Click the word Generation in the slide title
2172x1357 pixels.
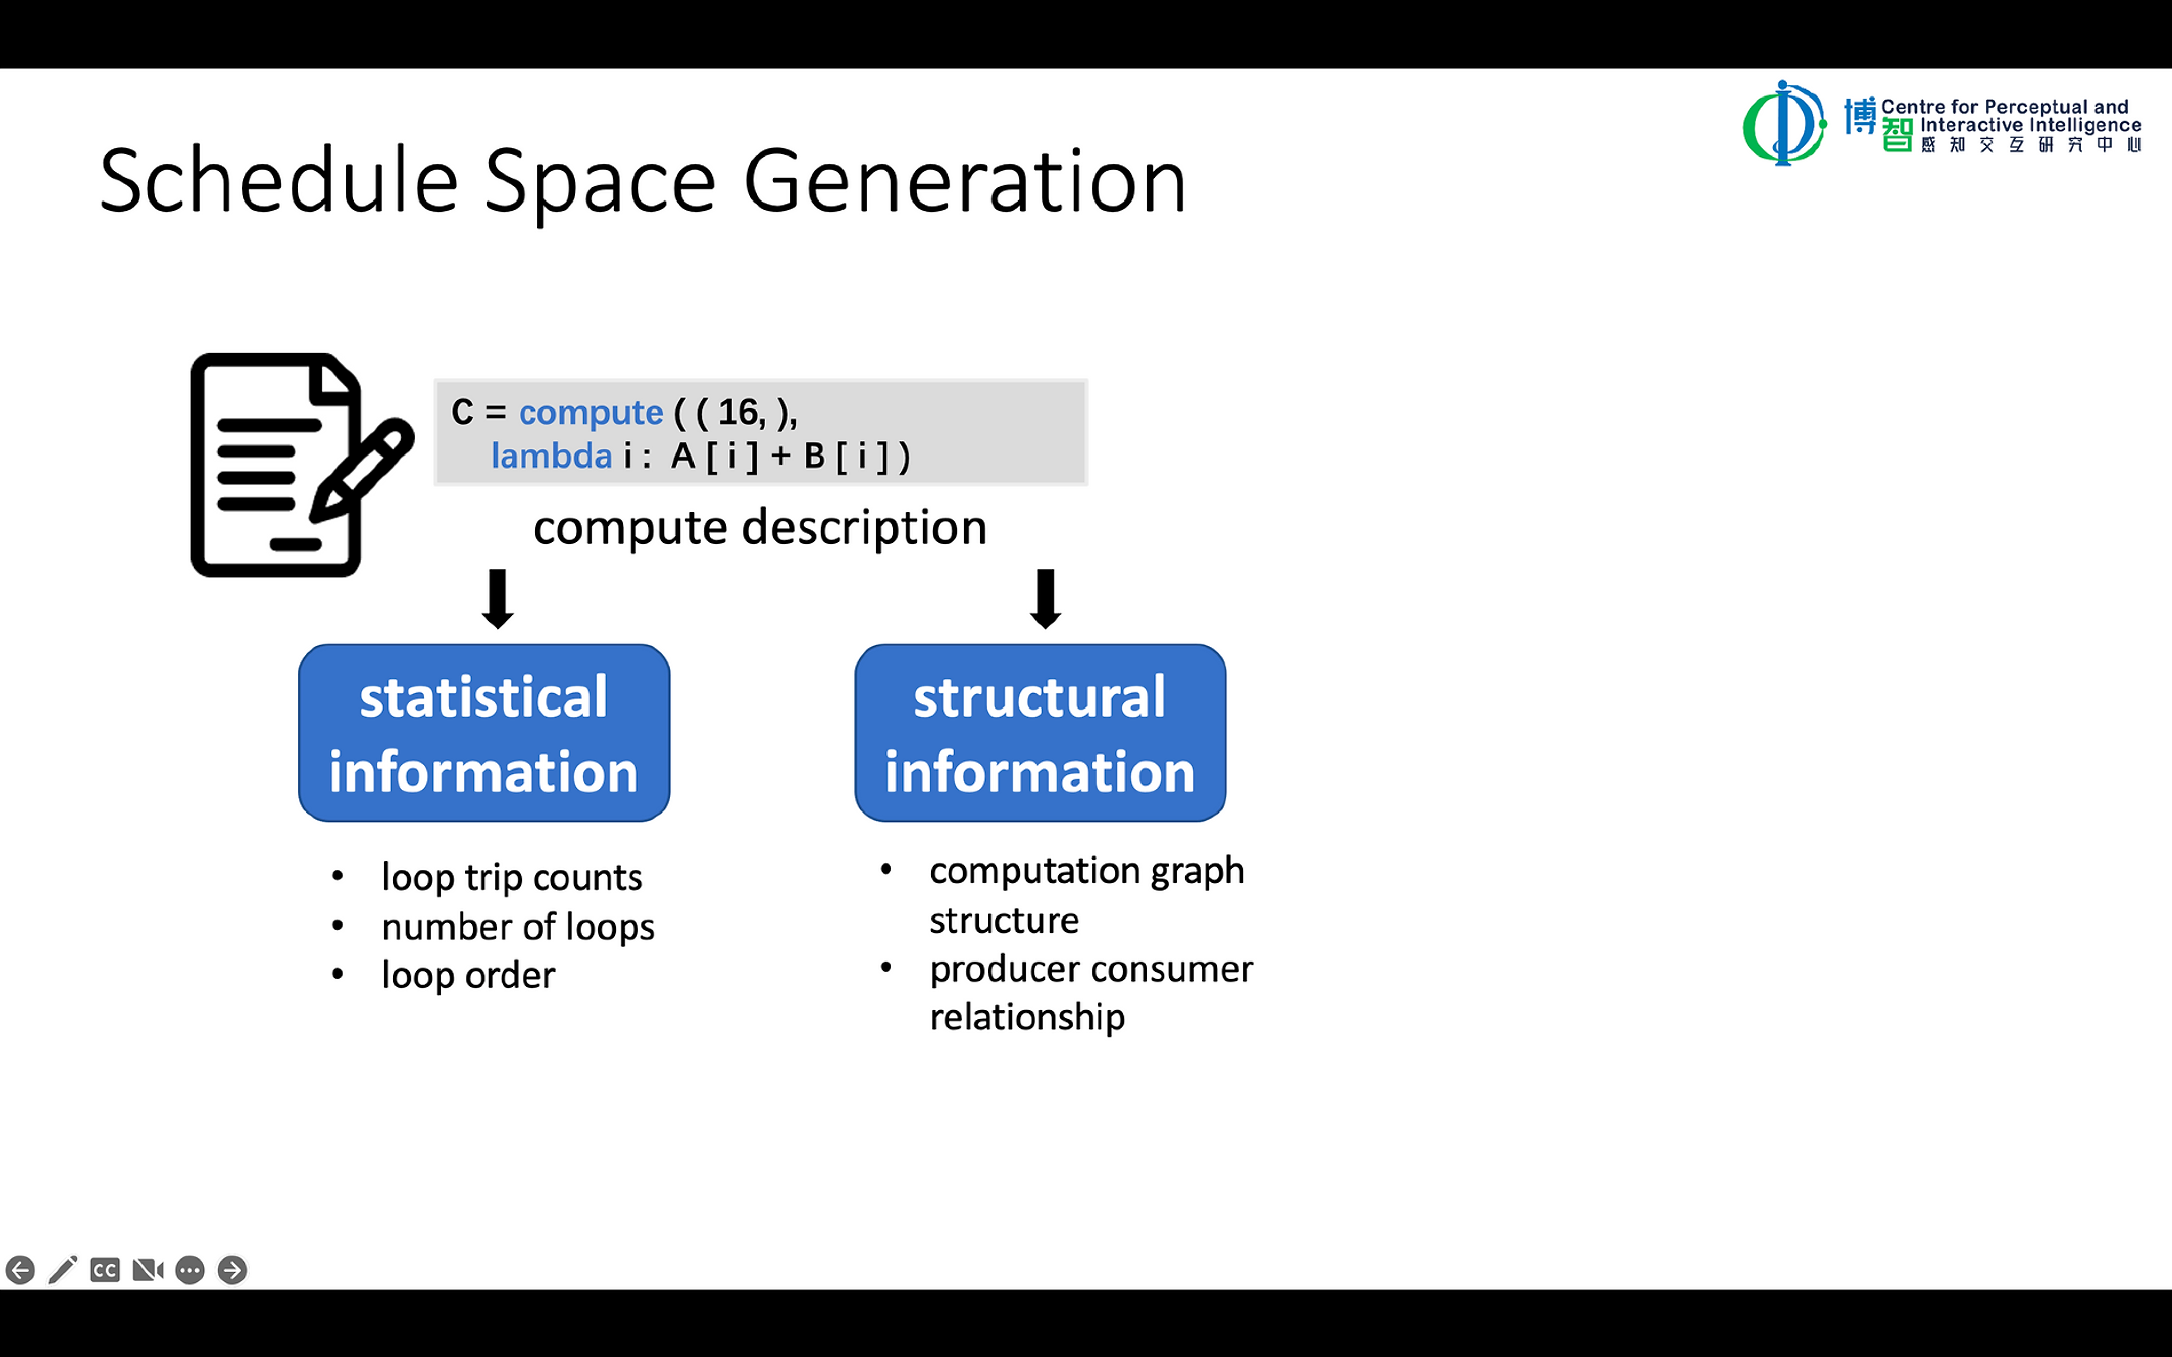(x=965, y=182)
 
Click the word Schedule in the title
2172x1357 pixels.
(x=278, y=182)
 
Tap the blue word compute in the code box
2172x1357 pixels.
(x=591, y=412)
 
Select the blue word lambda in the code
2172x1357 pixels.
(x=551, y=456)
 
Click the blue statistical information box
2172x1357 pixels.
(x=484, y=732)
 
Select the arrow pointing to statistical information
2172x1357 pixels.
(x=498, y=599)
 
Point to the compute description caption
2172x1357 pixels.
(x=759, y=528)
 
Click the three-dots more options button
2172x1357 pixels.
(x=189, y=1270)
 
